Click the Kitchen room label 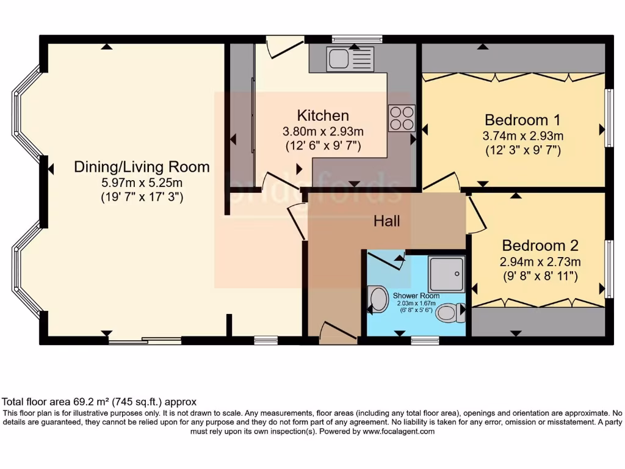pyautogui.click(x=323, y=115)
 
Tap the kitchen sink pyautogui.click(x=349, y=59)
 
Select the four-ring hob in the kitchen pyautogui.click(x=402, y=118)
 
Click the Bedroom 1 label pyautogui.click(x=522, y=119)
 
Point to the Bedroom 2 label pyautogui.click(x=540, y=245)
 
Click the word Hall pyautogui.click(x=387, y=220)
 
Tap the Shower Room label pyautogui.click(x=416, y=296)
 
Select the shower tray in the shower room pyautogui.click(x=446, y=274)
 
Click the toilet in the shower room pyautogui.click(x=451, y=313)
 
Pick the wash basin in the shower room pyautogui.click(x=378, y=300)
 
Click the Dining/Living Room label pyautogui.click(x=142, y=167)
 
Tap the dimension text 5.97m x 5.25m pyautogui.click(x=142, y=183)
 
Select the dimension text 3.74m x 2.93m pyautogui.click(x=522, y=136)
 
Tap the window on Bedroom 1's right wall pyautogui.click(x=609, y=118)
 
